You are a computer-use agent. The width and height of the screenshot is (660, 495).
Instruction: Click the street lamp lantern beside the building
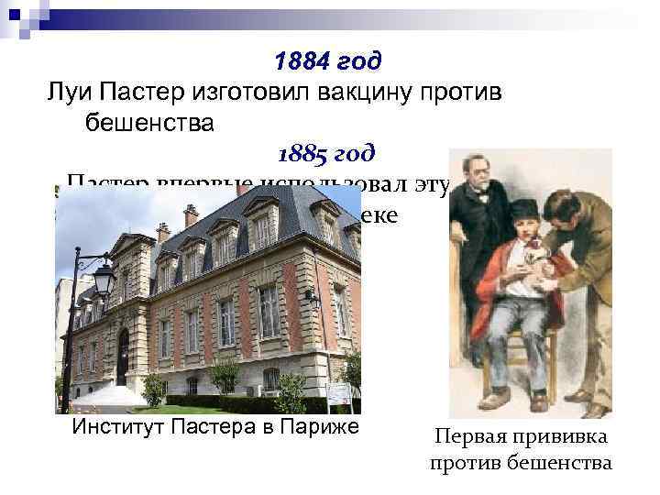pos(104,277)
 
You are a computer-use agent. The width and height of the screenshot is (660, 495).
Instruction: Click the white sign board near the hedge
pos(339,395)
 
